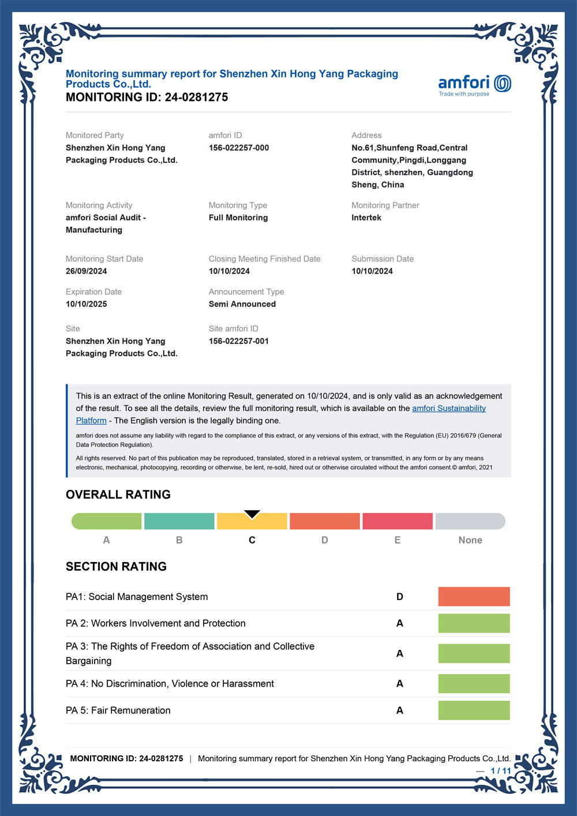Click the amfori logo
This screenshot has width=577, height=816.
(474, 84)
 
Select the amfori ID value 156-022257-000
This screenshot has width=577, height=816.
(239, 148)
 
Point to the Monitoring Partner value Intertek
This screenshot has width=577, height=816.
(366, 218)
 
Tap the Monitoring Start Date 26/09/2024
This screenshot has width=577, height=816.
(87, 271)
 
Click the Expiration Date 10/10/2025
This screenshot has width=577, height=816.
(87, 304)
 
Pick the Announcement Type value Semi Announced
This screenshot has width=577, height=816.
(242, 304)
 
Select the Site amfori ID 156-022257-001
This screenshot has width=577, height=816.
(239, 341)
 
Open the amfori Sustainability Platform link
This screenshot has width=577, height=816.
(448, 409)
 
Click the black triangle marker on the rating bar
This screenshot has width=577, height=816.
(252, 514)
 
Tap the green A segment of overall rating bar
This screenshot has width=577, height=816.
(107, 521)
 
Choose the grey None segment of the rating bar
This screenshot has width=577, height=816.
(470, 521)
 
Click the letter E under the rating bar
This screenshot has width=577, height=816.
(398, 540)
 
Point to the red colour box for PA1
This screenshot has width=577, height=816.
(474, 597)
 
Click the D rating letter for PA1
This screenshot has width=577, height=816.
(400, 597)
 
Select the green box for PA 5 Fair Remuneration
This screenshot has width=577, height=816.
(474, 710)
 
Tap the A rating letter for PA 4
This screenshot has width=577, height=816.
(400, 684)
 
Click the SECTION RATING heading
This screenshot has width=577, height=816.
(116, 567)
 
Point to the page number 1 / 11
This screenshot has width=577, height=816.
(501, 771)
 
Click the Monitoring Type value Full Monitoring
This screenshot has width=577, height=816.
(238, 218)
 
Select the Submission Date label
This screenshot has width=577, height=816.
(383, 259)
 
